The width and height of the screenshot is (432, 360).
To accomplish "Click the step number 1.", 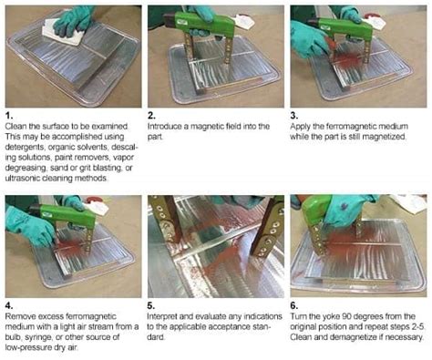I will point(9,117).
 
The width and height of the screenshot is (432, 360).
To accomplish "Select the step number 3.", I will point(294,117).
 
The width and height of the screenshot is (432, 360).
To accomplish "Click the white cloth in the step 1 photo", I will point(65,33).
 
